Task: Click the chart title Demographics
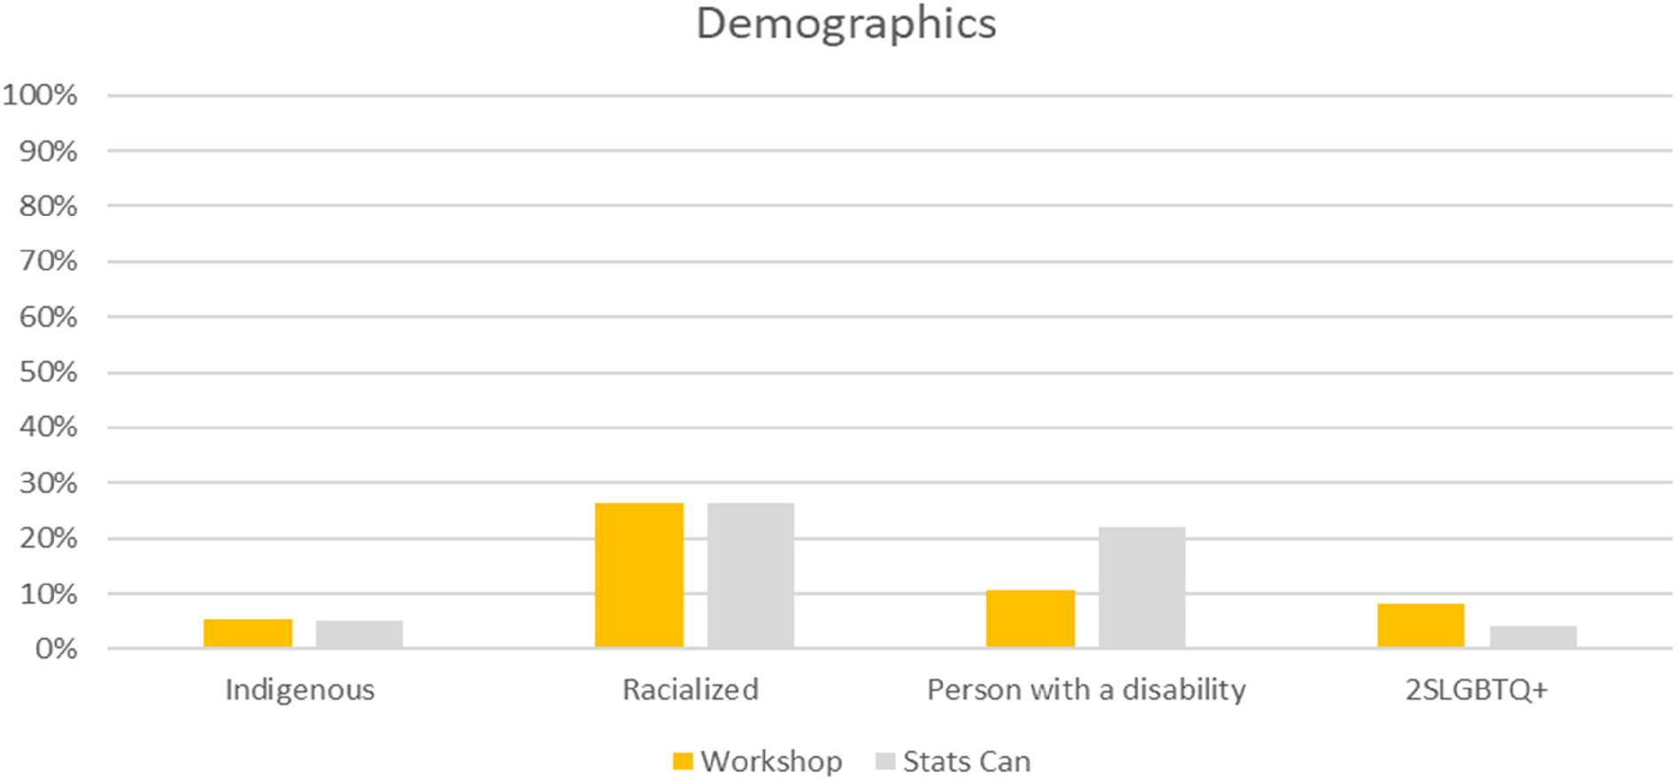pyautogui.click(x=846, y=24)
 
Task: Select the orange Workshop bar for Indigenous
pyautogui.click(x=248, y=634)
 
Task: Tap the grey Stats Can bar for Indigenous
pyautogui.click(x=359, y=635)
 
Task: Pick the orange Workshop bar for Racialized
pyautogui.click(x=639, y=575)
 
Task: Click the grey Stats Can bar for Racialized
pyautogui.click(x=751, y=575)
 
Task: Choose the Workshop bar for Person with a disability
pyautogui.click(x=1031, y=619)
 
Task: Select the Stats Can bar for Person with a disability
pyautogui.click(x=1142, y=588)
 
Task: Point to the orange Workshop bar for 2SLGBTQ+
pyautogui.click(x=1421, y=626)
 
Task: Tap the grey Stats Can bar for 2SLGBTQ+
pyautogui.click(x=1533, y=637)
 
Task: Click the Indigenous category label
pyautogui.click(x=300, y=690)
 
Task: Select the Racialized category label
pyautogui.click(x=691, y=690)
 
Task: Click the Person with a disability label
pyautogui.click(x=1086, y=690)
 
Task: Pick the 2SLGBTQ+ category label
pyautogui.click(x=1477, y=690)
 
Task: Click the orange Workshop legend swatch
pyautogui.click(x=683, y=761)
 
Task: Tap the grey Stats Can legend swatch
pyautogui.click(x=884, y=761)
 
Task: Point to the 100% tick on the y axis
pyautogui.click(x=41, y=95)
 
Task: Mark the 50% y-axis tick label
pyautogui.click(x=48, y=372)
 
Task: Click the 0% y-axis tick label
pyautogui.click(x=56, y=649)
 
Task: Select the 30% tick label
pyautogui.click(x=48, y=483)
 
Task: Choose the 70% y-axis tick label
pyautogui.click(x=48, y=261)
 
